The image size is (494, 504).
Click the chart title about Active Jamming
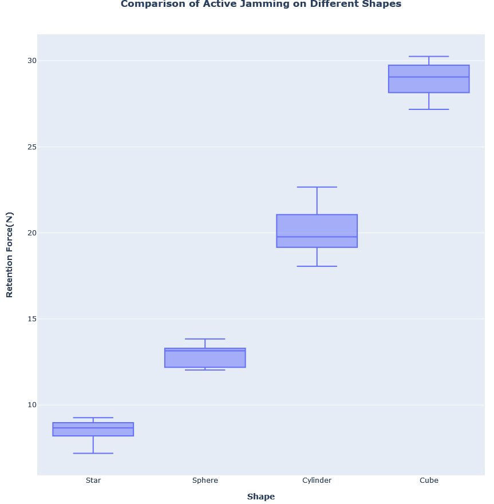260,5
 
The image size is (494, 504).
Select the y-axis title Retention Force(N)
9,254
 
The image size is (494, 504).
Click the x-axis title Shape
261,497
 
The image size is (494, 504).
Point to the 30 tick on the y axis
31,61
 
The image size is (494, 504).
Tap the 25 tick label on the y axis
31,147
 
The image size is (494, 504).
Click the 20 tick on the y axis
31,233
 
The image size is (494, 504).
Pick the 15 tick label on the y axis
31,318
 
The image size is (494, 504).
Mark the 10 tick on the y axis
31,405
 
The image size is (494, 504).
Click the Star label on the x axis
93,481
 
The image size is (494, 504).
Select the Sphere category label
205,481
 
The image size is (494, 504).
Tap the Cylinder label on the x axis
317,481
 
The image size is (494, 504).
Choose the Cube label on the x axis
429,481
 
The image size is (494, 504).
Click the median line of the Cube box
429,77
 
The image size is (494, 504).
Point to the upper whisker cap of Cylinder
317,187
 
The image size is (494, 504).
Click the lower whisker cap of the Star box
93,453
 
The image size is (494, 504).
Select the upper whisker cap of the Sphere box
205,339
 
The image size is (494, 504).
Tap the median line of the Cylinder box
317,237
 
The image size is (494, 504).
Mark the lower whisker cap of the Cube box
429,109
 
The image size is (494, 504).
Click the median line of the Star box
93,428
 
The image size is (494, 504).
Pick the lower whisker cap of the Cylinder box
317,266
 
